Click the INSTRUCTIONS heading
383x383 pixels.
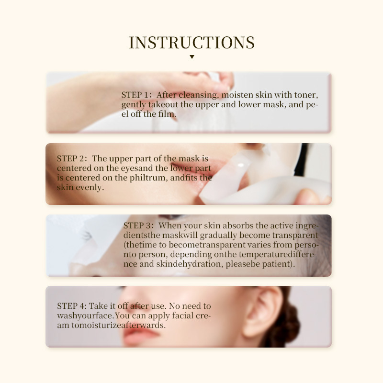coord(191,43)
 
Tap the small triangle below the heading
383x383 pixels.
coord(191,57)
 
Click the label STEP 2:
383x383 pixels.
coord(72,158)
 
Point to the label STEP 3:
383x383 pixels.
coord(139,225)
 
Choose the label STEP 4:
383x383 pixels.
coord(72,306)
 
